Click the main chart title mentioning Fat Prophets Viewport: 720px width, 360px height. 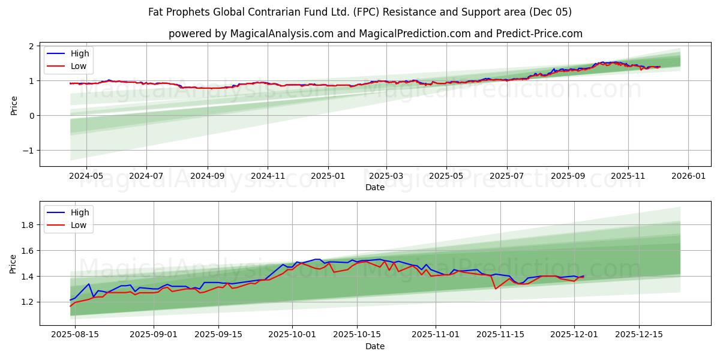click(x=360, y=12)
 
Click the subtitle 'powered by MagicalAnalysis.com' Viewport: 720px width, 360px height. click(x=375, y=34)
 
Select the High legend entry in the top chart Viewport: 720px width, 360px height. click(x=79, y=53)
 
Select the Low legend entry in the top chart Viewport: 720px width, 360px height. click(x=79, y=66)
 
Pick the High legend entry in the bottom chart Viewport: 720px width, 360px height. click(x=79, y=212)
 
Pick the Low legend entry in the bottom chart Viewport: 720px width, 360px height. click(x=79, y=225)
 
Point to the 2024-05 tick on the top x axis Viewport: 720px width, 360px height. click(x=86, y=176)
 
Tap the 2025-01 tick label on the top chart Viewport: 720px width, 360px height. click(x=328, y=176)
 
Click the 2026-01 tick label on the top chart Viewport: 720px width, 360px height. click(x=688, y=176)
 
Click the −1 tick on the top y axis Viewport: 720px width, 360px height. click(x=29, y=151)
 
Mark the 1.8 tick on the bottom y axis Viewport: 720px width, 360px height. click(x=28, y=225)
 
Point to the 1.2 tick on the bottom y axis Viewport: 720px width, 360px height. click(x=28, y=302)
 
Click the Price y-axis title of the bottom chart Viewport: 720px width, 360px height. click(x=14, y=263)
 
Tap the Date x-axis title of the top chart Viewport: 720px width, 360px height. click(x=375, y=187)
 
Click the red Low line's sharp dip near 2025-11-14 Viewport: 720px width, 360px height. click(x=496, y=289)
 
